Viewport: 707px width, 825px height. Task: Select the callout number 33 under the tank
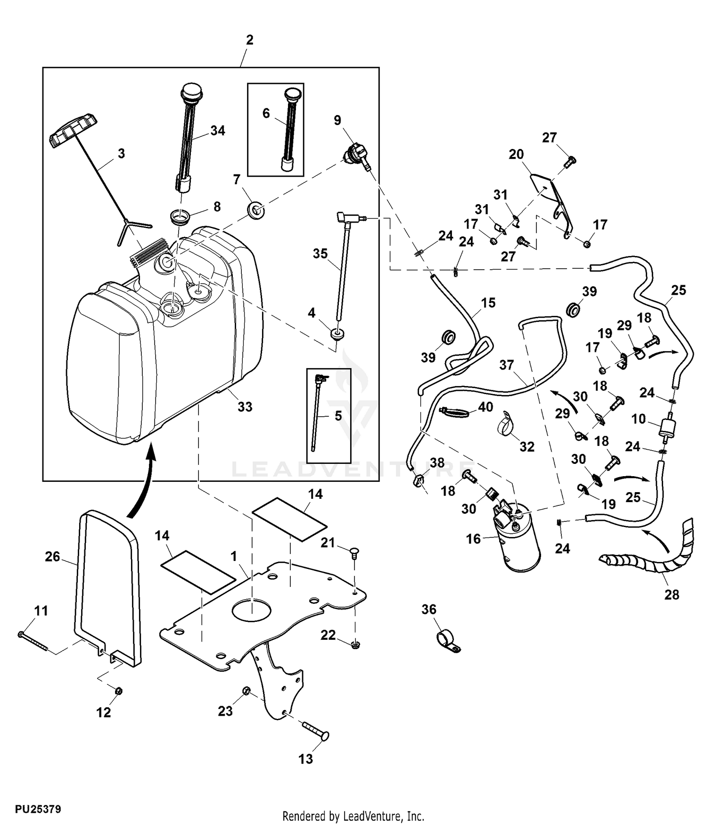[245, 407]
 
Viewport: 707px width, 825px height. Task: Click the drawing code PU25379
[38, 809]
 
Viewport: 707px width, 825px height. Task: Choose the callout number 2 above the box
[250, 40]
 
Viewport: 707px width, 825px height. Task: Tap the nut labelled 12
[119, 691]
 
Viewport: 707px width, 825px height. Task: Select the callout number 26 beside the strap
[52, 557]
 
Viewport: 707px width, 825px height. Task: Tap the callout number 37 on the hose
[506, 365]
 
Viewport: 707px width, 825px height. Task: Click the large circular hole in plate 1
[251, 609]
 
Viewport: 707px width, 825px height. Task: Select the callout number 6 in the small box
[266, 113]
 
